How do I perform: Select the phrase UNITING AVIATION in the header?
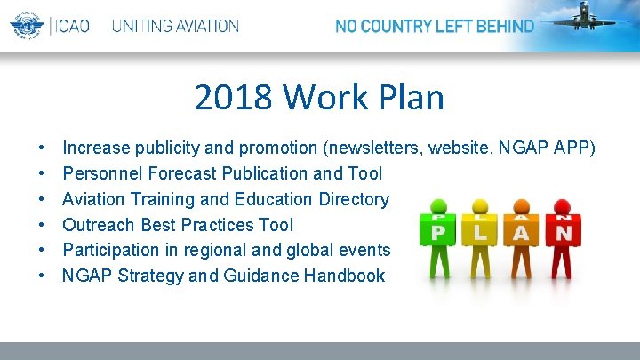(175, 27)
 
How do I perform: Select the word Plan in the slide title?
(409, 97)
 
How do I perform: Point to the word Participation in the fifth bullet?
(113, 250)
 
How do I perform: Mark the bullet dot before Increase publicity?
(43, 148)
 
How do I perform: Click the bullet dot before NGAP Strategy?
(43, 276)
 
